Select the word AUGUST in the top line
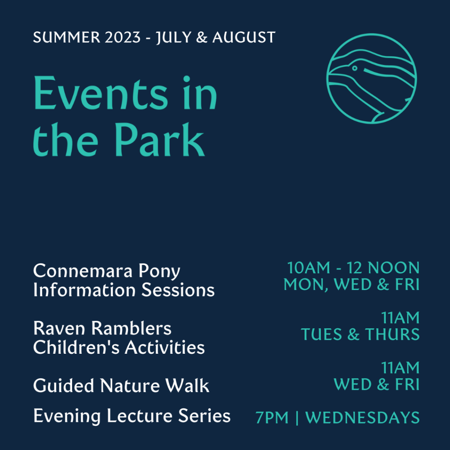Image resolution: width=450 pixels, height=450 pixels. click(244, 37)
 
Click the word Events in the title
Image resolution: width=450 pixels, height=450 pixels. click(100, 94)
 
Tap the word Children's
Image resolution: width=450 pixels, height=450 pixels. click(76, 348)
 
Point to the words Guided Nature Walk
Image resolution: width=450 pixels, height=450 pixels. click(121, 386)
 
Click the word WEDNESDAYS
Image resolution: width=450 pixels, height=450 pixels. click(363, 418)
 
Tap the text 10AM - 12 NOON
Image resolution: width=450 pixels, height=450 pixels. click(353, 268)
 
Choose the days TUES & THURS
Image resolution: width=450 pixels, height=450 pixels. click(360, 335)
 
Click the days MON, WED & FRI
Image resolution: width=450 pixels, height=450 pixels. click(352, 284)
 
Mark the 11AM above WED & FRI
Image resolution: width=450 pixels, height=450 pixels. click(400, 368)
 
